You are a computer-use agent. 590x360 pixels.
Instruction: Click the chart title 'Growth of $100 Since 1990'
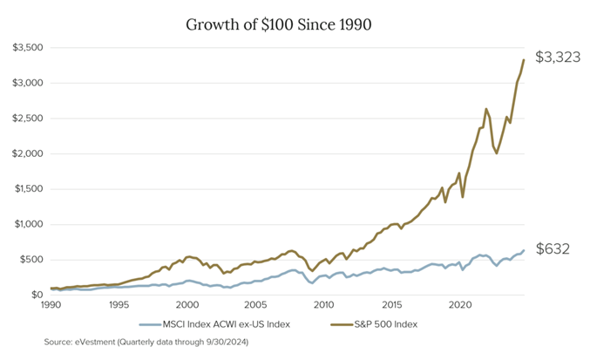click(279, 24)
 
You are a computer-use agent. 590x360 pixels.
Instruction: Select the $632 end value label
click(552, 249)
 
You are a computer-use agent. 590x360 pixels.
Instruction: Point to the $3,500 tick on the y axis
click(29, 47)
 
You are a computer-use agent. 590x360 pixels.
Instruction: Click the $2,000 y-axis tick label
click(29, 153)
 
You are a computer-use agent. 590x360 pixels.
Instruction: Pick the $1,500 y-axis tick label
click(29, 189)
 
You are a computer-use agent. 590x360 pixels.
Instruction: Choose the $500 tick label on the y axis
click(33, 260)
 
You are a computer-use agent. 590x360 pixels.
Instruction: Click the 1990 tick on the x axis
click(51, 306)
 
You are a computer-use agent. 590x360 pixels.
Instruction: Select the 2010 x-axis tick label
click(324, 306)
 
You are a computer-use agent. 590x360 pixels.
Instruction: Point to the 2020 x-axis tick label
click(460, 306)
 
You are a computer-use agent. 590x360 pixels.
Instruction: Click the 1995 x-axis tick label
click(119, 306)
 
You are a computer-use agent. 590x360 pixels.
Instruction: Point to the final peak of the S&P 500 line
click(523, 59)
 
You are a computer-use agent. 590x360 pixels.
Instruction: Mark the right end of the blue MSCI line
click(523, 250)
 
